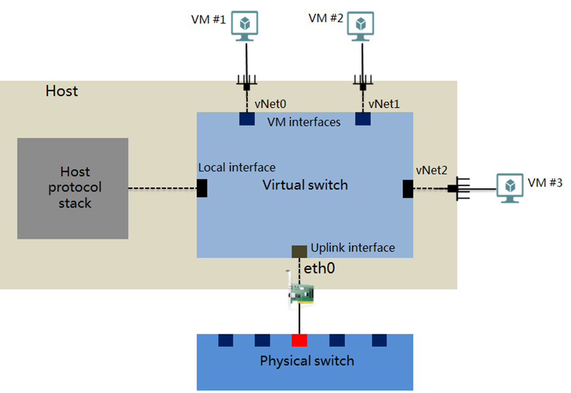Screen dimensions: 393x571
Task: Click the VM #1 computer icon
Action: [x=245, y=26]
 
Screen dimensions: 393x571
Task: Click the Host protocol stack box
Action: [x=72, y=188]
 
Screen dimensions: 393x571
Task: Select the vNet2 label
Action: [x=431, y=170]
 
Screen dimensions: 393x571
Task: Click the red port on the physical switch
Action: [x=299, y=340]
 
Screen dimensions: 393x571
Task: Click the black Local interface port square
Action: [x=202, y=188]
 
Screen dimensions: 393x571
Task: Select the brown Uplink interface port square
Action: [x=299, y=251]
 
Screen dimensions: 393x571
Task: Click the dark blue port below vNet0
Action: [x=247, y=118]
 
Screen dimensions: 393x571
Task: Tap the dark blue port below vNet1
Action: [x=362, y=118]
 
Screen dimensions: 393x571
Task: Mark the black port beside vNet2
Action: [x=407, y=189]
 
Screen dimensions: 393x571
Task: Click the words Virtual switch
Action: [x=305, y=185]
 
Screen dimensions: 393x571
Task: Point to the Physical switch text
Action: [x=307, y=361]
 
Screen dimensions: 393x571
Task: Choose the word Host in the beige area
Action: [x=62, y=91]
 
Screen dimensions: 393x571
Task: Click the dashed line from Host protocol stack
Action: [x=162, y=188]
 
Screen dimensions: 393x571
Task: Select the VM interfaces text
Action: [x=304, y=123]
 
